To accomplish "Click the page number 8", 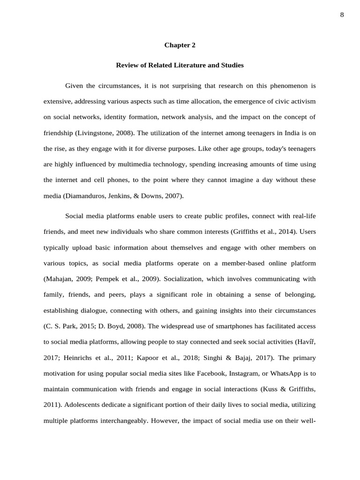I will (342, 15).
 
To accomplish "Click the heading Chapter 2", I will (180, 45).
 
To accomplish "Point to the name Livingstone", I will (96, 133).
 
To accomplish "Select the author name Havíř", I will (307, 342).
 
